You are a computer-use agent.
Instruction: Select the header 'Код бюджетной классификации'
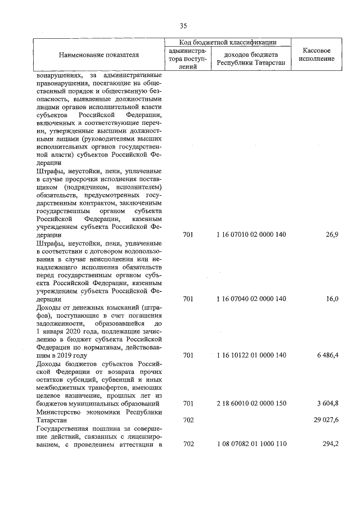coord(228,42)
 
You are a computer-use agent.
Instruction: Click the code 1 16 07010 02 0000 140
coord(251,234)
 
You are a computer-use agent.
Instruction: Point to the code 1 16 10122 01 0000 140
coord(251,355)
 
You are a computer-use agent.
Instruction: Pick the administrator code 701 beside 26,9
coord(188,234)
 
